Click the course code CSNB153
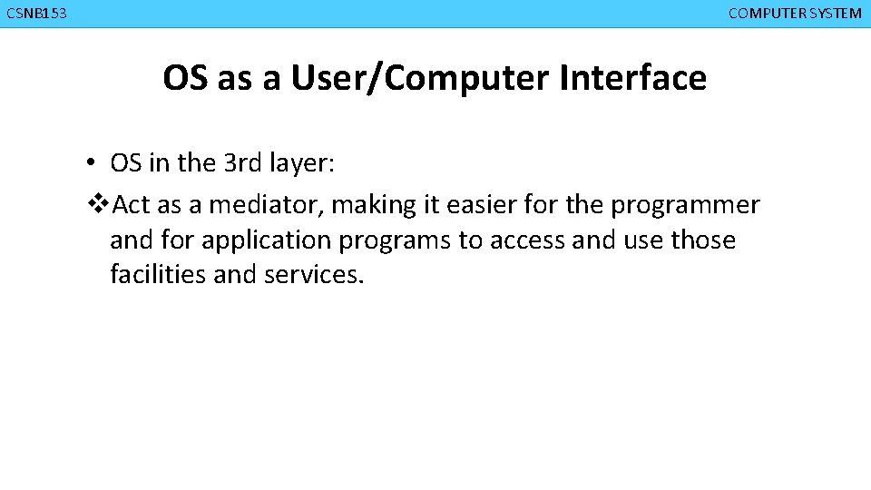35,14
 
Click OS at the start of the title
186,78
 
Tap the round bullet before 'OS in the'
93,164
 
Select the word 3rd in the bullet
247,163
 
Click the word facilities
158,274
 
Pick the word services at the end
314,274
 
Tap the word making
373,206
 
